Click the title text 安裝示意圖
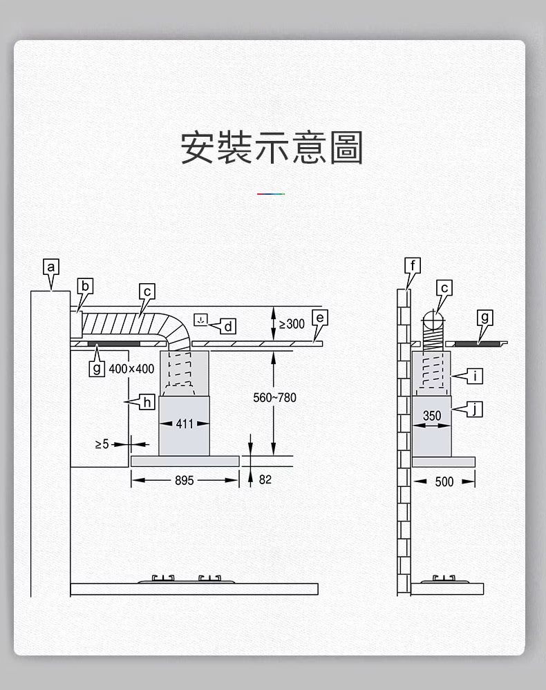272,147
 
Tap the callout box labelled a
50,267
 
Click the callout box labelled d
229,325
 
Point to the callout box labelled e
319,318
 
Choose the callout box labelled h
147,401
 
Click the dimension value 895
185,480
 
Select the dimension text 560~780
274,398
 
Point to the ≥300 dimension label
291,324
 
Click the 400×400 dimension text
131,369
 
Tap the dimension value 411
185,423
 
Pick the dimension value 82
265,479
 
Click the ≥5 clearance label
102,443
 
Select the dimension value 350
431,416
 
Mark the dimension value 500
444,481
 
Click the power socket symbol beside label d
200,320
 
